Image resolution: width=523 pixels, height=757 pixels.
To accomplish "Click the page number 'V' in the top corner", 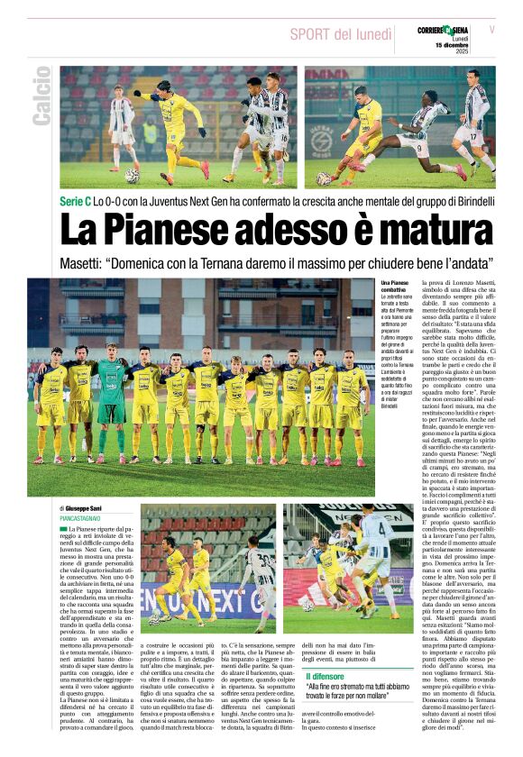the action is coord(492,30).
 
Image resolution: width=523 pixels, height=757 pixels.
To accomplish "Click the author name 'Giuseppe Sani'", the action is coord(94,508).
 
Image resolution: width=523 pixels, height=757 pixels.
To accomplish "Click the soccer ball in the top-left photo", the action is coord(133,176).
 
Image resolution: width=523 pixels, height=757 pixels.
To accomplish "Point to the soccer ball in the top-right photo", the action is coord(324,178).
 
